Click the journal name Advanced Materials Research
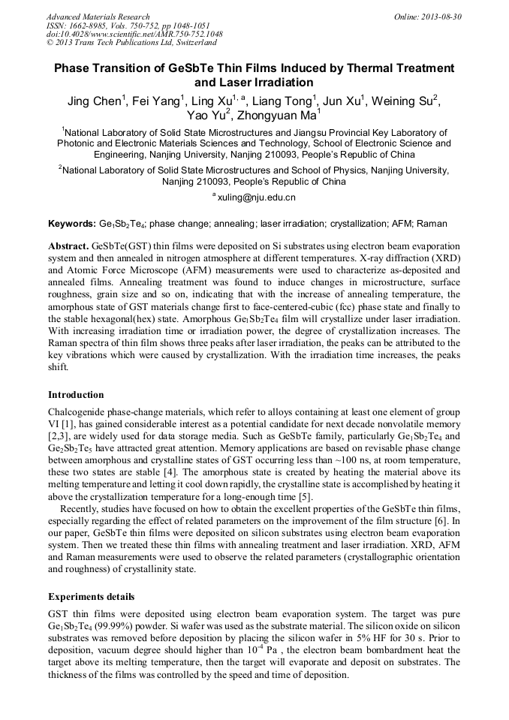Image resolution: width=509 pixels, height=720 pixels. (98, 17)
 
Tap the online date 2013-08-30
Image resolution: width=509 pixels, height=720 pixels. (441, 17)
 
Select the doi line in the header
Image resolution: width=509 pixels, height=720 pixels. (134, 35)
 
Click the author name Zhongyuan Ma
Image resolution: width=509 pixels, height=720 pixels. (275, 116)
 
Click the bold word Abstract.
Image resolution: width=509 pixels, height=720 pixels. (68, 246)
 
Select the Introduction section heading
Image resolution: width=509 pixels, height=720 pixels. (76, 395)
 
